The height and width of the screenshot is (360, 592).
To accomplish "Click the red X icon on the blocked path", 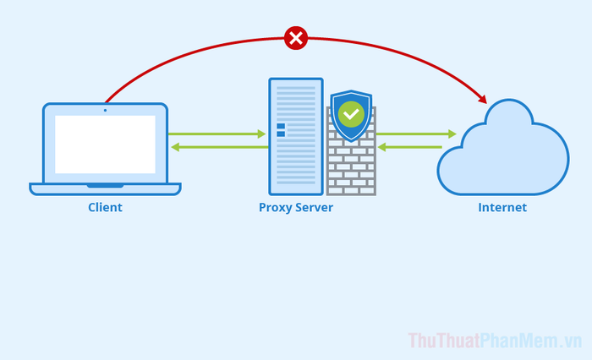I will click(x=295, y=38).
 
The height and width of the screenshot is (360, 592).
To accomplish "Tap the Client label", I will click(x=105, y=207).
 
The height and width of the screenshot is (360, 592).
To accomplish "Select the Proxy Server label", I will click(x=295, y=207).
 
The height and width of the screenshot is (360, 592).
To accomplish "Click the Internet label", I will click(x=502, y=207).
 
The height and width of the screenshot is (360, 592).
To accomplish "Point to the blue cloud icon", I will click(x=503, y=148).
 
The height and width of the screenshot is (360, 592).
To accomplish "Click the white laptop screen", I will click(x=105, y=145).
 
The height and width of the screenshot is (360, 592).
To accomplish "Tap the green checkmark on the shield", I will click(x=350, y=113).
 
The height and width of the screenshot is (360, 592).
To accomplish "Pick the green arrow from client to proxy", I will click(x=217, y=134).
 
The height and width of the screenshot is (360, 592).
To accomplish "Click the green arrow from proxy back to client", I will click(x=219, y=148).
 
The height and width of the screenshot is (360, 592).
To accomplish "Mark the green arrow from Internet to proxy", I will click(x=410, y=148).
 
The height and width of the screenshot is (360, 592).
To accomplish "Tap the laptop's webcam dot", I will click(x=105, y=110).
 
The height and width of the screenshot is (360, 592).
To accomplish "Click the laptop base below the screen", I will click(x=105, y=188).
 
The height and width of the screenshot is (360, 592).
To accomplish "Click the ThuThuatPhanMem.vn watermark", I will click(x=495, y=341).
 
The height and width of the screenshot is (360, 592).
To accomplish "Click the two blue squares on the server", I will click(x=281, y=129).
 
